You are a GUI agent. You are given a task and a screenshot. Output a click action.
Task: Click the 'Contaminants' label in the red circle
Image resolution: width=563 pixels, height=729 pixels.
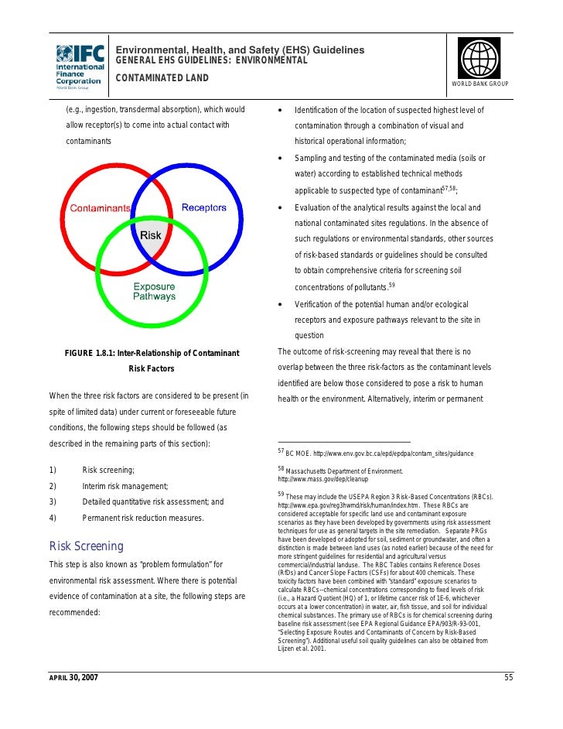coord(101,208)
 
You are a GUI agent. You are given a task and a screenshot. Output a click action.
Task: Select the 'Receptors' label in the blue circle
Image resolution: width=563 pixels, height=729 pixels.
coord(203,207)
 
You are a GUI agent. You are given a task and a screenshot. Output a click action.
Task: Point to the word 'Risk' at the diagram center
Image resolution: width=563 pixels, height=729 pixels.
coord(150,235)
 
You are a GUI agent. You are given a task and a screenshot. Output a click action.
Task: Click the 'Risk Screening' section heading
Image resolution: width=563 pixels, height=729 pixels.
coord(86,546)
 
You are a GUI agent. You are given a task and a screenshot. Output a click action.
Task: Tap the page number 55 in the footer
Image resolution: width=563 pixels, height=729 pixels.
coord(509,678)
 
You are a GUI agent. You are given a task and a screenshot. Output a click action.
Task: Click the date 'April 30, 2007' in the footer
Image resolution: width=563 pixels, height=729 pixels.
coord(74,678)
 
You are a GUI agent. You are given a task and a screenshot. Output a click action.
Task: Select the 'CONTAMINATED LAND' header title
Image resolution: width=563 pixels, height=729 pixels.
coord(162,78)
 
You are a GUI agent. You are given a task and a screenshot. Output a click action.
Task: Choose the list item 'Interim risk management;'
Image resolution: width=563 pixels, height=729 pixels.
coord(125,486)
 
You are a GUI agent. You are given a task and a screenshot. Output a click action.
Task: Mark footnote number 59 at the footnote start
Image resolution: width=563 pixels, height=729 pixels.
coord(281,494)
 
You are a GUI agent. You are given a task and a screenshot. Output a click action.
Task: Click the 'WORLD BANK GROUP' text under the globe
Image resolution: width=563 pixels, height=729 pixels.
coord(479,84)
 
